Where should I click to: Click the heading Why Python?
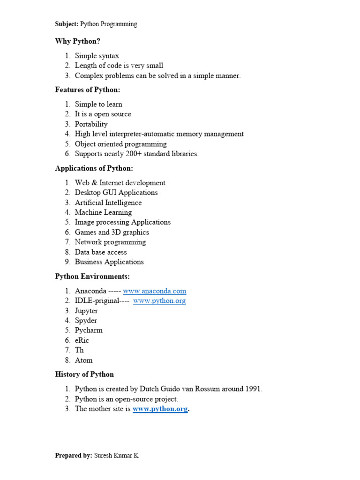(77, 41)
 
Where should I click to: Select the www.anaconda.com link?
(154, 291)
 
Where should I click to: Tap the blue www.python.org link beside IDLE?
(159, 301)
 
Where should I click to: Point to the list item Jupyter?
(86, 311)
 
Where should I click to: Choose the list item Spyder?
(86, 321)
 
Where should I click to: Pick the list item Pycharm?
(89, 330)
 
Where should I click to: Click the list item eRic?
(82, 340)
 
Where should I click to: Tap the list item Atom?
(83, 360)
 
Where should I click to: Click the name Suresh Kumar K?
(116, 455)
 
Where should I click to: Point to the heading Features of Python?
(88, 90)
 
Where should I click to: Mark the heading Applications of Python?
(94, 168)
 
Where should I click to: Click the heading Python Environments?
(92, 277)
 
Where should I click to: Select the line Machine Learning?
(103, 212)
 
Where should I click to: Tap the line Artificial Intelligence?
(108, 202)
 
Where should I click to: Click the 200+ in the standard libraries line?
(142, 154)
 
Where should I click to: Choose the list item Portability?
(91, 124)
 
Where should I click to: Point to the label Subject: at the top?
(67, 24)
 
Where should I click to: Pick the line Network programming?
(110, 242)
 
